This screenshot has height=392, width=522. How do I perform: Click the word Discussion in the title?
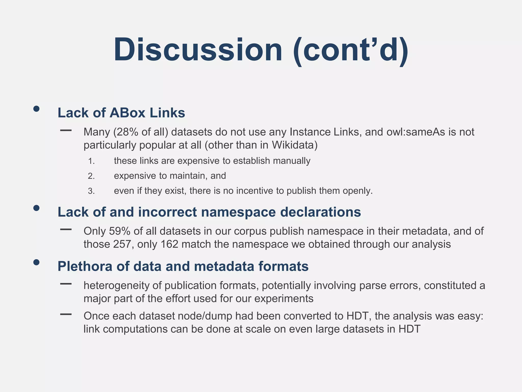pyautogui.click(x=198, y=50)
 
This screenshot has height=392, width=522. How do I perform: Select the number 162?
pyautogui.click(x=169, y=244)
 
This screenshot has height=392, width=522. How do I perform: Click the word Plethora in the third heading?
pyautogui.click(x=85, y=266)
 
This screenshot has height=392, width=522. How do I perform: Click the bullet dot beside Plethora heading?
pyautogui.click(x=36, y=262)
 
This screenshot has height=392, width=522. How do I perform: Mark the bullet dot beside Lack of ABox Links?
pyautogui.click(x=36, y=109)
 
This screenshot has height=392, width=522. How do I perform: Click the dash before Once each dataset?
pyautogui.click(x=66, y=314)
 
